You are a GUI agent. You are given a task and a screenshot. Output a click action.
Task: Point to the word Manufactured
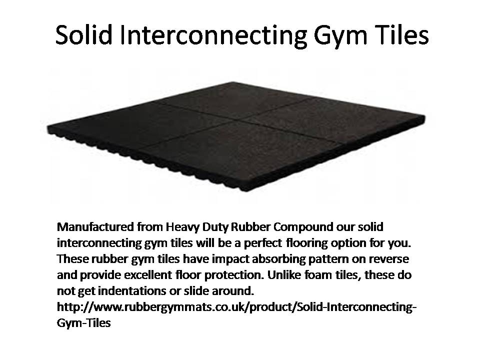[x=95, y=227]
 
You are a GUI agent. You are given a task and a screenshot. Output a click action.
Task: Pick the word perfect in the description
[x=262, y=243]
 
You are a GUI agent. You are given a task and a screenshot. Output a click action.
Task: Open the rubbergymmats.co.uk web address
[x=237, y=307]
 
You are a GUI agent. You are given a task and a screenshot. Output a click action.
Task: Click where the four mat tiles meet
[x=239, y=120]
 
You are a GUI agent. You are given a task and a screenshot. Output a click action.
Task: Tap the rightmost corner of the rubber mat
[x=424, y=117]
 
